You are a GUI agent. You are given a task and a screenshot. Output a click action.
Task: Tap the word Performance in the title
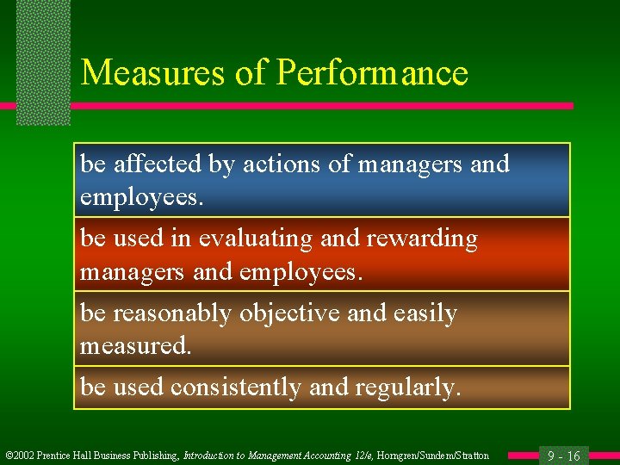[373, 73]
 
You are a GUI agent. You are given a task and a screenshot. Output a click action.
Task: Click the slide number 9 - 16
[565, 456]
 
